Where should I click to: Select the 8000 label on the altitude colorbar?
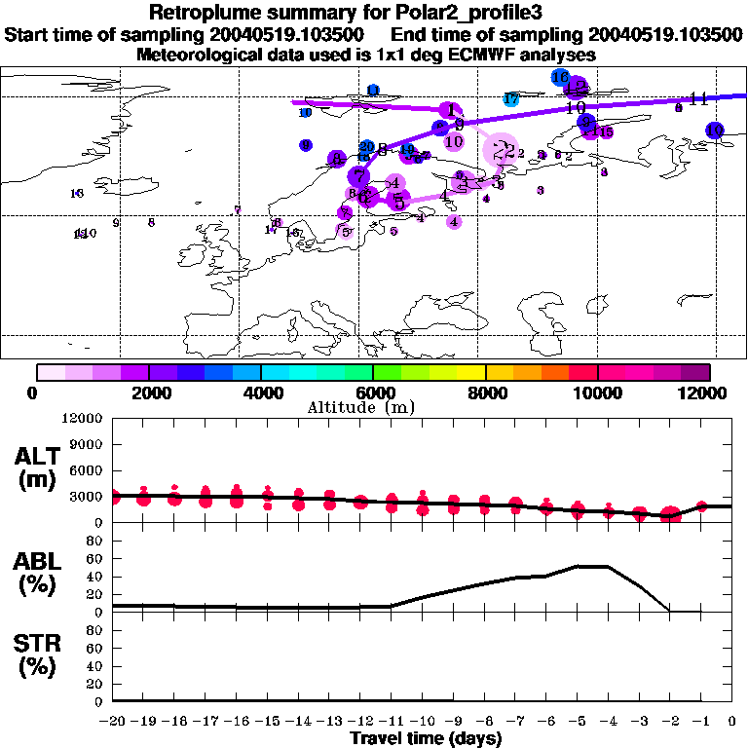point(485,393)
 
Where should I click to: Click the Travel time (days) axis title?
point(426,739)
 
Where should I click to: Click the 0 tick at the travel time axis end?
point(732,722)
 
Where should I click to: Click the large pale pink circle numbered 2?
point(502,150)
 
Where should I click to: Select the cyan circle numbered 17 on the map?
point(511,99)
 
